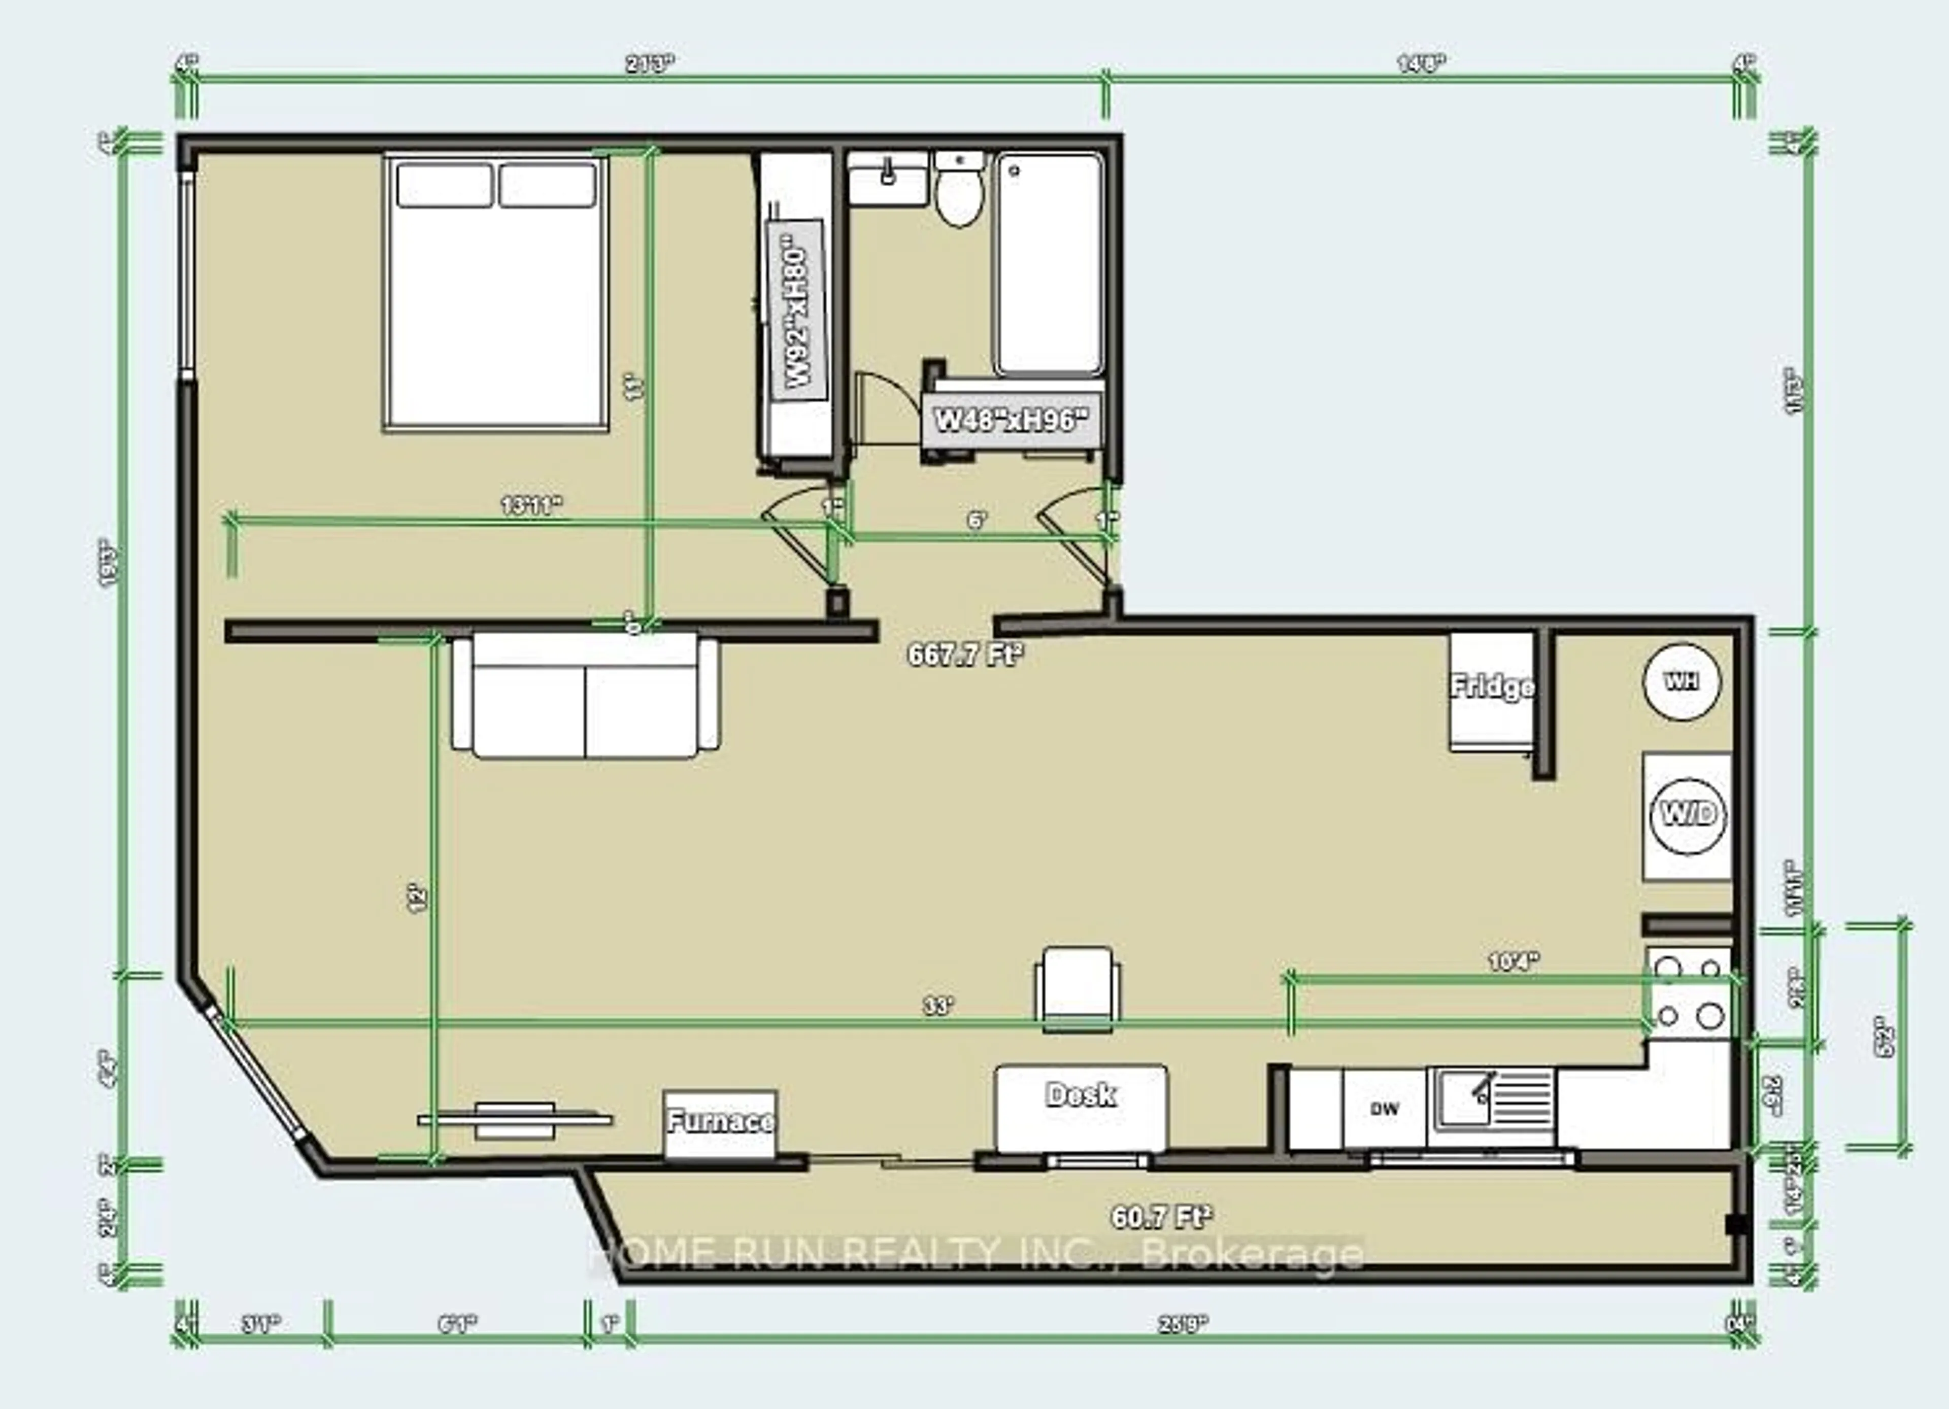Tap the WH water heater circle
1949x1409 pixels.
pyautogui.click(x=1682, y=681)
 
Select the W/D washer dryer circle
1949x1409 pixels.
pyautogui.click(x=1688, y=814)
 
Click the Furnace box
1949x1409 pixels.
pyautogui.click(x=720, y=1122)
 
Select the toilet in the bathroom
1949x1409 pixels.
pyautogui.click(x=959, y=193)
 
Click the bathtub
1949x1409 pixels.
pyautogui.click(x=1049, y=262)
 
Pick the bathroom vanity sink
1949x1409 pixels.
pyautogui.click(x=888, y=178)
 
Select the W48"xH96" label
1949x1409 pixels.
pyautogui.click(x=1011, y=420)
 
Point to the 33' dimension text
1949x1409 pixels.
pyautogui.click(x=939, y=1005)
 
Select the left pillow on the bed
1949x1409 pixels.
pyautogui.click(x=444, y=185)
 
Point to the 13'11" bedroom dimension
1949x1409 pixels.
pyautogui.click(x=532, y=505)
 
